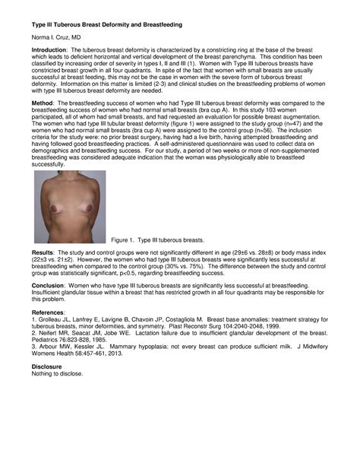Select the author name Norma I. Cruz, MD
tap(56, 37)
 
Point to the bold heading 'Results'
tap(43, 250)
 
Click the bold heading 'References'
tap(48, 312)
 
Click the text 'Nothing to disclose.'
tap(58, 373)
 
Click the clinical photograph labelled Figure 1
tap(70, 206)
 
